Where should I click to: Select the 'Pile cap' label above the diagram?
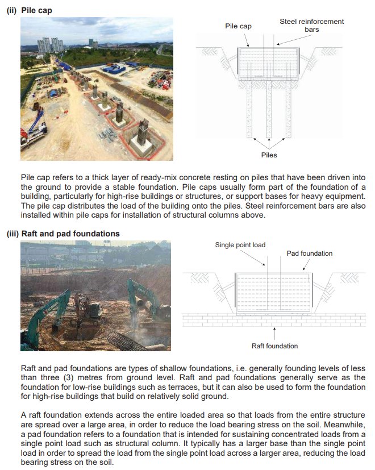tap(239, 26)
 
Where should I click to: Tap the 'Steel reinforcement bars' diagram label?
tap(311, 25)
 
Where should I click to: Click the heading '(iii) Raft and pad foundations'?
tap(63, 234)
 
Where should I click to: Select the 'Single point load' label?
tap(240, 245)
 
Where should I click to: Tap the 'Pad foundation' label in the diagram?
tap(310, 253)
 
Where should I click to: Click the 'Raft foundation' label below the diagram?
tap(274, 346)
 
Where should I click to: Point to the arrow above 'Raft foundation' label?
tap(274, 331)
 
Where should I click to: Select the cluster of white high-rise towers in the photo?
tap(51, 44)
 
